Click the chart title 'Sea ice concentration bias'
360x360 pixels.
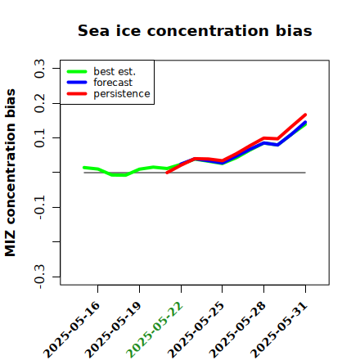tap(195, 30)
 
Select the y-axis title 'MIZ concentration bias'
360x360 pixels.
tap(10, 173)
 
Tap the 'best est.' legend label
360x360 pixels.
tap(115, 71)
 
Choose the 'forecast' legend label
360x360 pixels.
tap(113, 83)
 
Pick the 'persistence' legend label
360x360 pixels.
tap(122, 94)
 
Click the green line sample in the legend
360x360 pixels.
tap(77, 72)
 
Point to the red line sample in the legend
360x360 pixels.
tap(77, 94)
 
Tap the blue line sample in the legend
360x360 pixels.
tap(77, 83)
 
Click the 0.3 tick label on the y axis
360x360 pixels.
tap(39, 69)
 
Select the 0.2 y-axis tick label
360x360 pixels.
tap(39, 103)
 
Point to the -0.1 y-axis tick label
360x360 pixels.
tap(39, 207)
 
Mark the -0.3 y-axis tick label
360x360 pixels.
tap(39, 277)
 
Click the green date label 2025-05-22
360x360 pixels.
tap(155, 330)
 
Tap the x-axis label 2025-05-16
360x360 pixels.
tap(71, 330)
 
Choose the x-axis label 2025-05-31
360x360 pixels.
tap(279, 330)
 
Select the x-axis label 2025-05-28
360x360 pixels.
tap(237, 330)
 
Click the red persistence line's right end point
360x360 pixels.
tap(305, 115)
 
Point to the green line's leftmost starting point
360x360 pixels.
tap(84, 168)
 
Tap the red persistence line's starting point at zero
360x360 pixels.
tap(167, 173)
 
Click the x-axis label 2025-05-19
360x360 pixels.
tap(113, 330)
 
